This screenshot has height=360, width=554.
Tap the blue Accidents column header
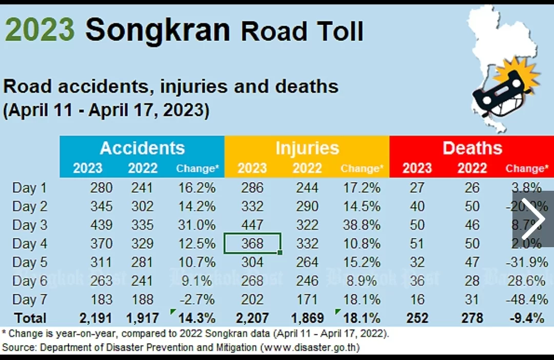(x=142, y=148)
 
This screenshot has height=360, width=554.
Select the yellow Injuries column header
(x=307, y=148)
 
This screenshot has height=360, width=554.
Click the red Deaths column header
(x=472, y=148)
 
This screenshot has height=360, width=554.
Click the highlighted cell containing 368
(x=252, y=244)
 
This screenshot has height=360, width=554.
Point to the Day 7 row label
(x=30, y=299)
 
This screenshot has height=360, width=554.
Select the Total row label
(x=30, y=318)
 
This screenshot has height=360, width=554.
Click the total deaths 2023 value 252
(x=417, y=318)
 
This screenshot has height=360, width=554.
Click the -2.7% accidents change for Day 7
(x=196, y=299)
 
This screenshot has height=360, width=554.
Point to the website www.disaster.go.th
(x=310, y=347)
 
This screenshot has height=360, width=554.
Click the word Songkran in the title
(x=157, y=31)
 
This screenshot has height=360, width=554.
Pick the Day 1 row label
(x=30, y=188)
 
